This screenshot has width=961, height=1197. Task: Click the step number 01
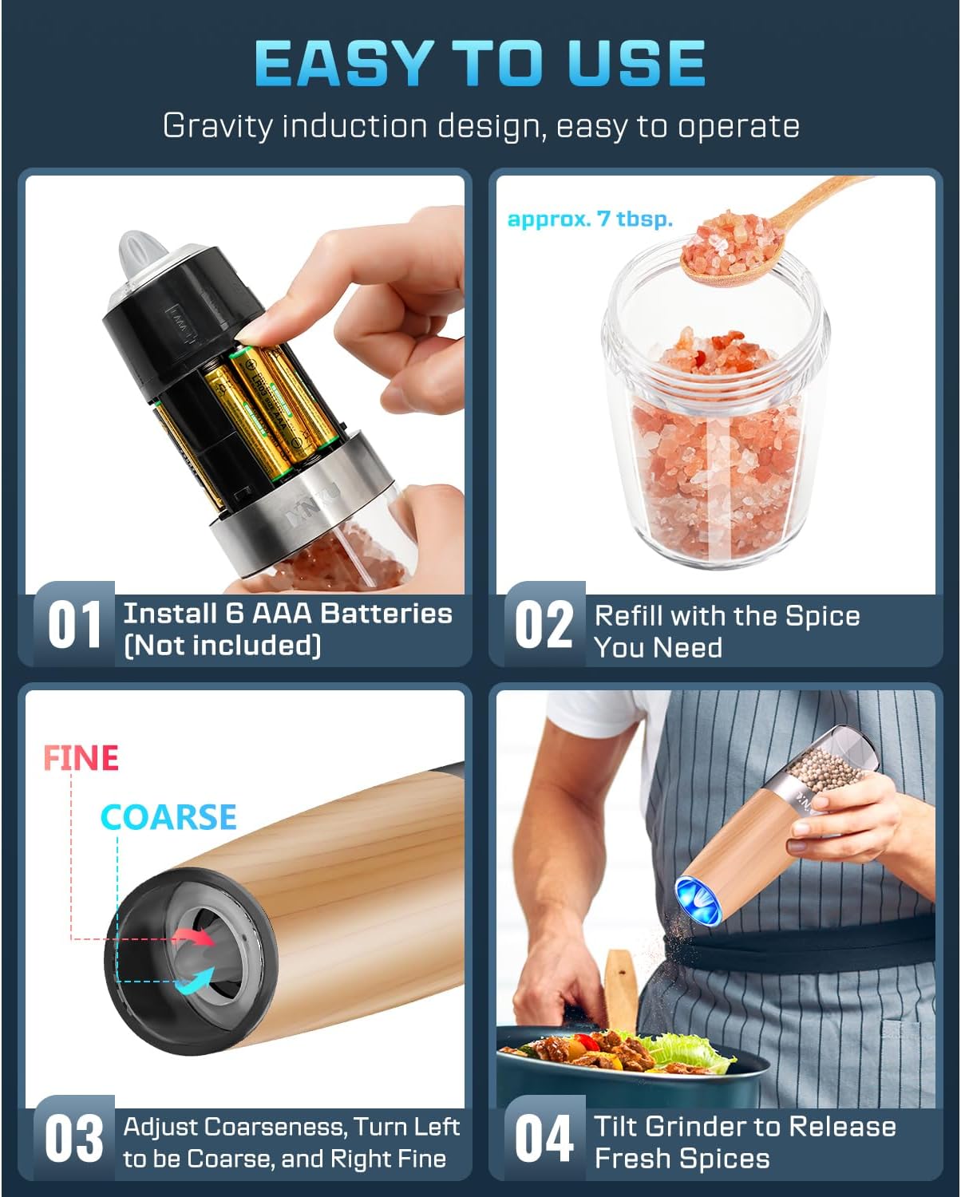(74, 625)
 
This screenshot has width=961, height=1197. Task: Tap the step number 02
(544, 625)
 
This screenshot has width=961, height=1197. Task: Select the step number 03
(74, 1139)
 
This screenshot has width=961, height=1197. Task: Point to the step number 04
(544, 1139)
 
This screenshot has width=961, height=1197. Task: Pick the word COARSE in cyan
(168, 817)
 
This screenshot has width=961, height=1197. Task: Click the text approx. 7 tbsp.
(590, 219)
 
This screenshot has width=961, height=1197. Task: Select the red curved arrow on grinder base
(196, 935)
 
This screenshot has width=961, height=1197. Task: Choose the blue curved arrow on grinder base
(196, 980)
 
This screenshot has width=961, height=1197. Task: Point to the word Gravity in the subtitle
(216, 126)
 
